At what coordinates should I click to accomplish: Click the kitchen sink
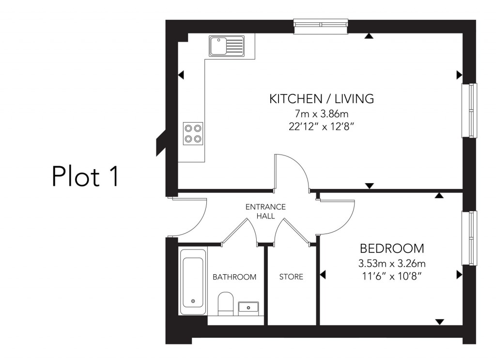pyautogui.click(x=226, y=46)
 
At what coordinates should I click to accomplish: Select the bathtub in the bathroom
pyautogui.click(x=193, y=281)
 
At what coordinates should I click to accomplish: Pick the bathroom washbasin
pyautogui.click(x=248, y=307)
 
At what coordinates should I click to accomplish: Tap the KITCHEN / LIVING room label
pyautogui.click(x=322, y=99)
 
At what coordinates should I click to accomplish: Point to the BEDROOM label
pyautogui.click(x=392, y=249)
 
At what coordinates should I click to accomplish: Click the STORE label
pyautogui.click(x=291, y=277)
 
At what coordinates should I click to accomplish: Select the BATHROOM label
pyautogui.click(x=234, y=277)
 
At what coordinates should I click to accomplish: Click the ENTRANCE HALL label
pyautogui.click(x=265, y=211)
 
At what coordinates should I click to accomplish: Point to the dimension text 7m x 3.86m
pyautogui.click(x=322, y=114)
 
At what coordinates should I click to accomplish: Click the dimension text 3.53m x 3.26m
pyautogui.click(x=392, y=264)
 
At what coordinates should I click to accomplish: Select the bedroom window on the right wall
pyautogui.click(x=469, y=238)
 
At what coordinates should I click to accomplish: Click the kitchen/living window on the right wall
pyautogui.click(x=469, y=110)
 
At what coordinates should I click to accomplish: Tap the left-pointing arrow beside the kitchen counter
pyautogui.click(x=181, y=75)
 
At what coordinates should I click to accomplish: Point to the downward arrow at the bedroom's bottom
pyautogui.click(x=440, y=322)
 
